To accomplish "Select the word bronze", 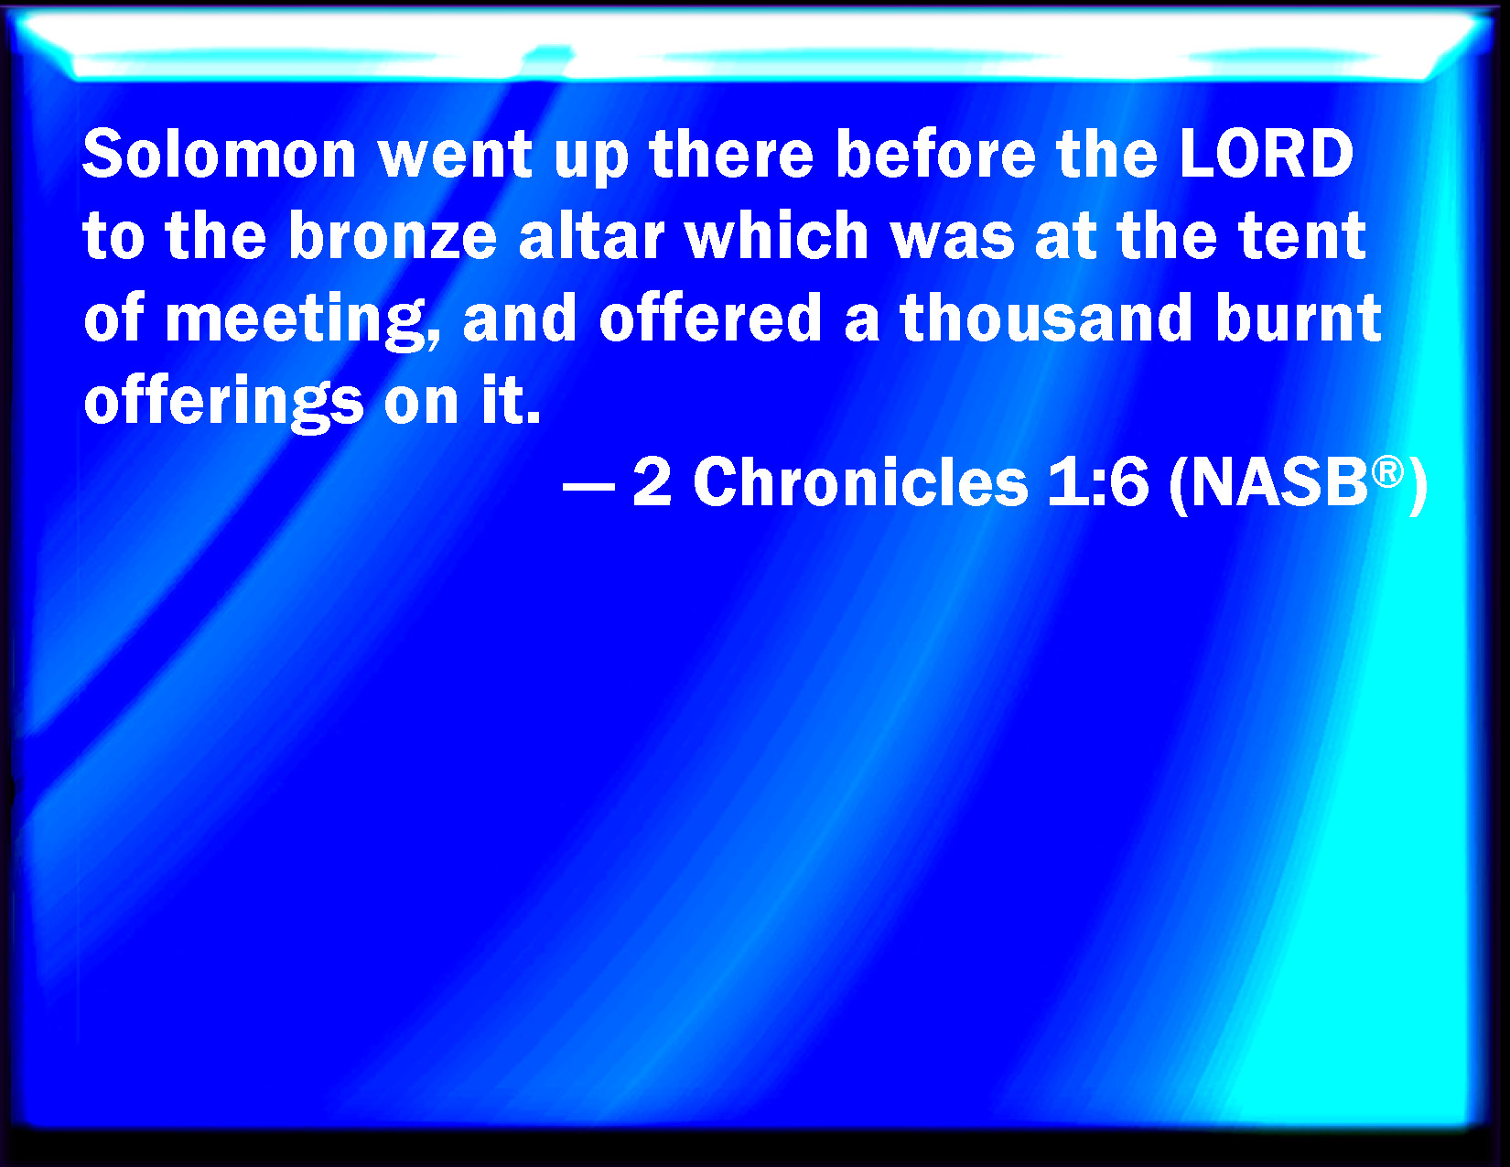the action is [394, 235].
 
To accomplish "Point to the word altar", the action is [592, 235].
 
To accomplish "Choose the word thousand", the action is [1046, 318].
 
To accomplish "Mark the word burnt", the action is [1298, 318].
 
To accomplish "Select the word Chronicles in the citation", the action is [860, 482].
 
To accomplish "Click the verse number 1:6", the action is [1098, 483].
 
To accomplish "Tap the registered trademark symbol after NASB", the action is [1387, 472].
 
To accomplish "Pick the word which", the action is [777, 235].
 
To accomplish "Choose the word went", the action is [455, 155].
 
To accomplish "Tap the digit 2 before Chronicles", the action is [653, 483].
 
